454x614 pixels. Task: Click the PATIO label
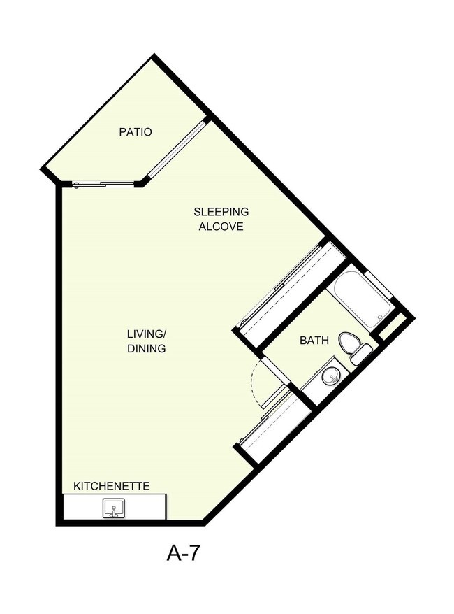click(x=136, y=131)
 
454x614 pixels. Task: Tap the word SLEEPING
click(x=221, y=212)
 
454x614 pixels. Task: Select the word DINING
click(x=147, y=348)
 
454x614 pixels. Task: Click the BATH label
click(x=314, y=341)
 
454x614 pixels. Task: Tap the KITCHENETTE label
click(x=112, y=485)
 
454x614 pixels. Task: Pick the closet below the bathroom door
click(x=274, y=427)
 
